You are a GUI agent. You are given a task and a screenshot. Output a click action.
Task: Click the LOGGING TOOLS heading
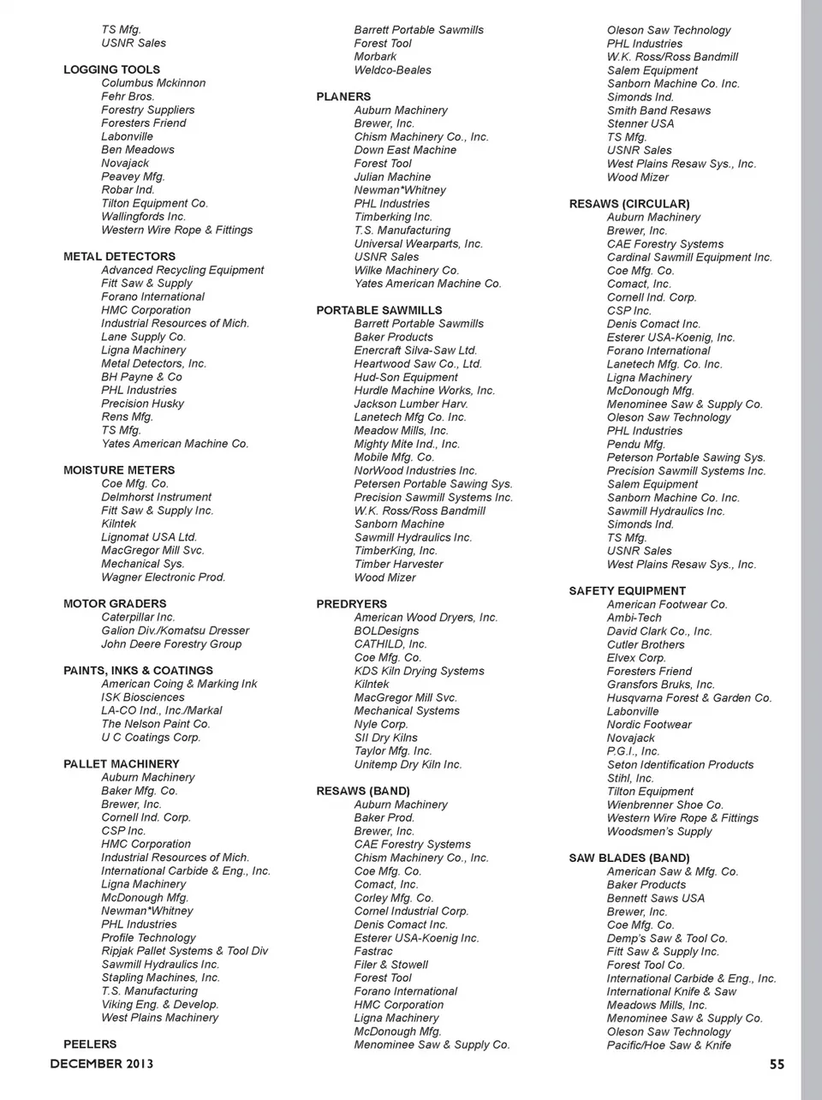pos(111,69)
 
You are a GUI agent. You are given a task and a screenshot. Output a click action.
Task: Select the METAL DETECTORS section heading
pos(119,256)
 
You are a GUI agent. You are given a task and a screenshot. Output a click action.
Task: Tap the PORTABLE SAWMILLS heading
pos(379,310)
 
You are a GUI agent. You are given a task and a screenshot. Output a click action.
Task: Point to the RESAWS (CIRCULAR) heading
pos(629,204)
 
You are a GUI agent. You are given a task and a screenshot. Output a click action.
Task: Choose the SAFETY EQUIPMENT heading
pos(628,591)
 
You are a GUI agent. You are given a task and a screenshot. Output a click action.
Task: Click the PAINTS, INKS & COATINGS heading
pos(138,671)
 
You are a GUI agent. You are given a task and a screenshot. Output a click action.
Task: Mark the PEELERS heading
pos(90,1044)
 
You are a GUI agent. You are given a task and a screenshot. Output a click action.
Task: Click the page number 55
pos(777,1064)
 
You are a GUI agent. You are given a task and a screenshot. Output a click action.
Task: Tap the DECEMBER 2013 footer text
pos(102,1064)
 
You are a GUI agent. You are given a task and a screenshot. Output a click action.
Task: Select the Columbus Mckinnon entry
pos(153,83)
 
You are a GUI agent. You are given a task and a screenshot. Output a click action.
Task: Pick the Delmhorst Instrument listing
pos(157,497)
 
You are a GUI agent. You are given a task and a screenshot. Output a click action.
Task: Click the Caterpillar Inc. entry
pos(138,617)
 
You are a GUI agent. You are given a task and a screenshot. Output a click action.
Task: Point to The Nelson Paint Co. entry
pos(156,724)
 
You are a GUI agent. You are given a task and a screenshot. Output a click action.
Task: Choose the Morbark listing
pos(376,57)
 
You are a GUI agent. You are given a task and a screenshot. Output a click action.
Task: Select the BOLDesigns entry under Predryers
pos(387,631)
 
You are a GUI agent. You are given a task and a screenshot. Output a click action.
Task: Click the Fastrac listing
pos(373,951)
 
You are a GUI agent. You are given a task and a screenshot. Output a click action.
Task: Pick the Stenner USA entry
pos(640,123)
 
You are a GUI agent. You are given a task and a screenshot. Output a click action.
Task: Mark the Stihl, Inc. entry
pos(630,778)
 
